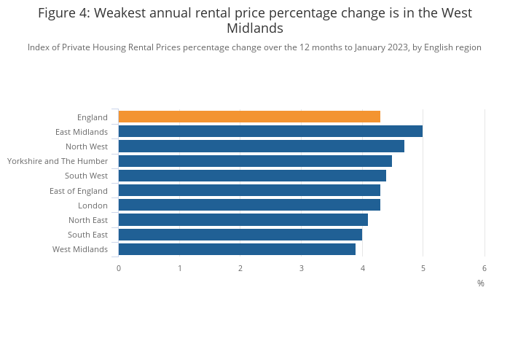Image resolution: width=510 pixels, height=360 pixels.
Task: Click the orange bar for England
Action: (249, 117)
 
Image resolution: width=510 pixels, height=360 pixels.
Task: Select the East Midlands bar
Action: (270, 131)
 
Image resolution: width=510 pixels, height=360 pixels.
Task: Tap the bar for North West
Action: (261, 146)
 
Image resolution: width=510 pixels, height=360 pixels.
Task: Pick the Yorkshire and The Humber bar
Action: (255, 161)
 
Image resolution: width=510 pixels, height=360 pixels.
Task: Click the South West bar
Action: (252, 176)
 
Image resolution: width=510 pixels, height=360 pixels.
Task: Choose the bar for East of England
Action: (249, 190)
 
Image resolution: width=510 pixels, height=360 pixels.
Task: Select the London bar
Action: (249, 205)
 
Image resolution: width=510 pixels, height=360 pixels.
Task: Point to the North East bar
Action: (243, 220)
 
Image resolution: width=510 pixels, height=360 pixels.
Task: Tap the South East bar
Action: (240, 235)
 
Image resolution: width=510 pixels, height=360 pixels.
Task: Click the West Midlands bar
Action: (237, 249)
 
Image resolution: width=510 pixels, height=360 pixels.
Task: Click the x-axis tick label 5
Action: (423, 268)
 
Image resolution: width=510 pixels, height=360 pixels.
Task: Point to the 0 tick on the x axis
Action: (119, 268)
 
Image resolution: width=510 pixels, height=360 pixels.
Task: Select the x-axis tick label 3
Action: (301, 268)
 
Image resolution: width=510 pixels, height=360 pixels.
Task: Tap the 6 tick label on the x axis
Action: (484, 268)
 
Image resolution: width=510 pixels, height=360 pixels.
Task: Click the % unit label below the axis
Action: (480, 283)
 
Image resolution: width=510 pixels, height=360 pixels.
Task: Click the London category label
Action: (93, 206)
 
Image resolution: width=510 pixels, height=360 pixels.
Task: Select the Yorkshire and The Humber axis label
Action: (58, 161)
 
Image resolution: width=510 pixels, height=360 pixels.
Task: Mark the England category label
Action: (93, 117)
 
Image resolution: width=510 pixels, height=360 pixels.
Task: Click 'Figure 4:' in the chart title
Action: (63, 13)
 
